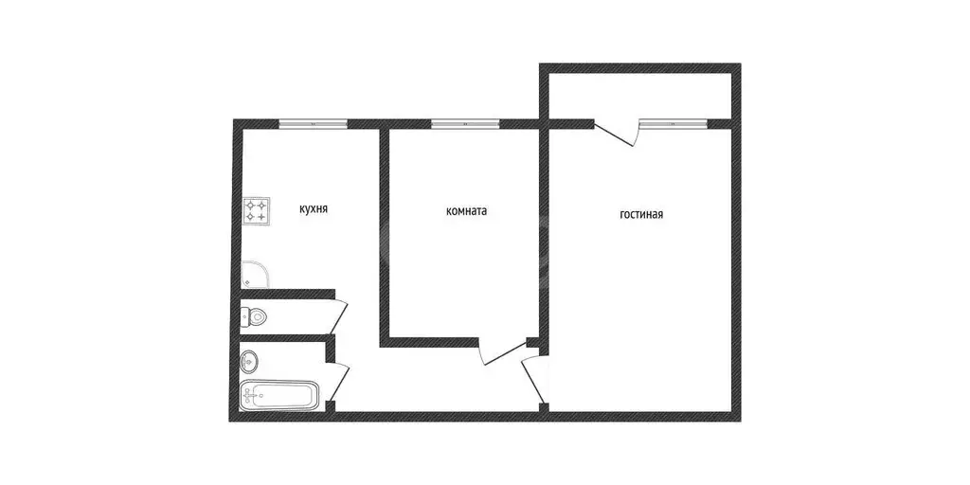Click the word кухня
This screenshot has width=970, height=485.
pos(314,209)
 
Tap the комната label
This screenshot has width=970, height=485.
pos(466,212)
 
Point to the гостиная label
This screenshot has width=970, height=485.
pos(641,214)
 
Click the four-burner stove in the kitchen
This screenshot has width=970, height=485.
pos(257,210)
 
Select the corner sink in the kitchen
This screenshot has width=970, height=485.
pos(253,275)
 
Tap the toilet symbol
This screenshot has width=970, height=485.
pos(255,314)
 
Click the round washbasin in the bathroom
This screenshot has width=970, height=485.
pos(250,361)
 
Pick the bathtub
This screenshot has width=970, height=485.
pos(279,395)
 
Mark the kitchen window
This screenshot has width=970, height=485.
pos(314,123)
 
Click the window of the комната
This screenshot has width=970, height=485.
pos(465,123)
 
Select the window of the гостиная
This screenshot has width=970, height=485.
pos(673,123)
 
